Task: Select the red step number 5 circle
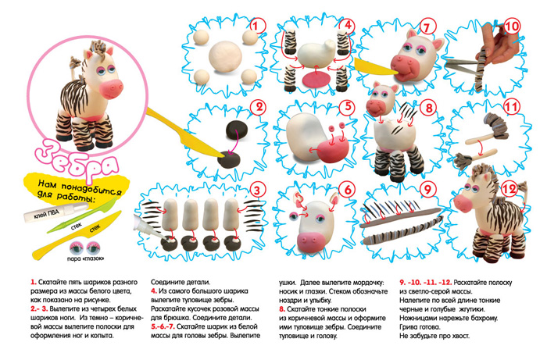click(348, 107)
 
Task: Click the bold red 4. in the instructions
click(154, 288)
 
